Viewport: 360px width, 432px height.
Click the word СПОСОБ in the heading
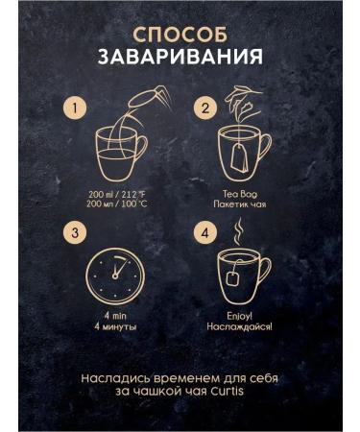point(180,35)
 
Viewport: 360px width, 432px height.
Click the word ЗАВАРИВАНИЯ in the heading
point(180,57)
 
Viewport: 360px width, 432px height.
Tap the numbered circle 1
point(75,108)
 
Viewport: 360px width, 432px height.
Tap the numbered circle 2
point(205,108)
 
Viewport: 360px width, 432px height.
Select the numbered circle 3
point(75,232)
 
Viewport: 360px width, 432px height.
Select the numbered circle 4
point(205,232)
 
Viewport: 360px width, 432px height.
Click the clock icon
point(115,276)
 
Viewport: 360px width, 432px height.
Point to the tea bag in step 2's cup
point(238,157)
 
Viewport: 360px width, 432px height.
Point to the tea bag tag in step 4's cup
point(231,277)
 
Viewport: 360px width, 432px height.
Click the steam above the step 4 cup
point(237,232)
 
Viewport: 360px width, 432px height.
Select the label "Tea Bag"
point(240,194)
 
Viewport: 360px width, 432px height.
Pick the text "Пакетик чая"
point(240,204)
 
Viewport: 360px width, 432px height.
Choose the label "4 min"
point(115,316)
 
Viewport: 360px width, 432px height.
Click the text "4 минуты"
point(115,327)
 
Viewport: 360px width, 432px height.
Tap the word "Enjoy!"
point(240,316)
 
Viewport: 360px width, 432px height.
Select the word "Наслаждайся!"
point(240,326)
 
